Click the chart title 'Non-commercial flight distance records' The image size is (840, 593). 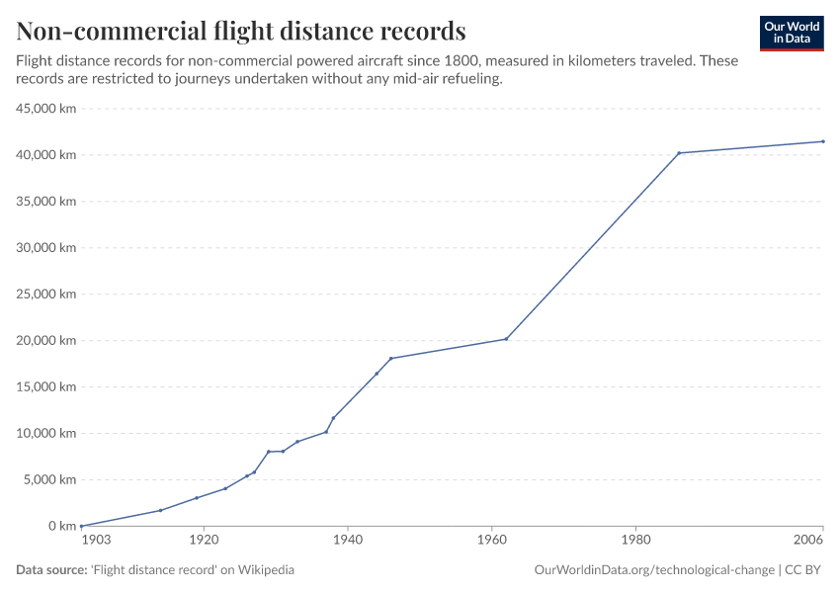tap(241, 30)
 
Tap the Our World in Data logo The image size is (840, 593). tap(792, 34)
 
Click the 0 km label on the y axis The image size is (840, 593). tap(61, 526)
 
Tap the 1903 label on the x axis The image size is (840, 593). tap(96, 541)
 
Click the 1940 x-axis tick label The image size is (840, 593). tap(348, 541)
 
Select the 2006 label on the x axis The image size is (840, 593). tap(808, 541)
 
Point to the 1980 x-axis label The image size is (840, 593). tap(635, 541)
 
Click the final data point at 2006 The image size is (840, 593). tap(823, 141)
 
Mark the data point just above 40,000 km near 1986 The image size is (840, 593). tap(679, 153)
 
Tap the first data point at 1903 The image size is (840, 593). tap(81, 526)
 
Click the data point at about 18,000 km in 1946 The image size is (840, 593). tap(391, 358)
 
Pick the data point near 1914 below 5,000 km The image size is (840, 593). tap(160, 510)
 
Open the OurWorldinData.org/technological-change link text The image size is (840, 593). tap(653, 570)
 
